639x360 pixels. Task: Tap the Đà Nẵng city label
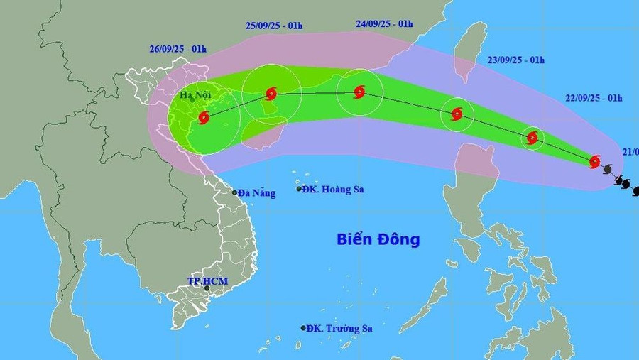(256, 192)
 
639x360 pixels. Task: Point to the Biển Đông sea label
(378, 239)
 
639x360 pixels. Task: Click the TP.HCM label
(207, 281)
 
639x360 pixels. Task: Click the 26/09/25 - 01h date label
(178, 49)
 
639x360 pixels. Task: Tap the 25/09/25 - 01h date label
(274, 26)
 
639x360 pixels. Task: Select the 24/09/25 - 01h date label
(384, 23)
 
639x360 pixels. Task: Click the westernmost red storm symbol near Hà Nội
(204, 117)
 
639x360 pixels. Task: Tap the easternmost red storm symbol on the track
(594, 161)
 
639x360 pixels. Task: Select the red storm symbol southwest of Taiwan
(457, 113)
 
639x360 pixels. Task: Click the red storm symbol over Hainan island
(271, 93)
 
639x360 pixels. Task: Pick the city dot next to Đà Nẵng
(235, 192)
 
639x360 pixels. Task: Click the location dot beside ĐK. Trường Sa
(303, 328)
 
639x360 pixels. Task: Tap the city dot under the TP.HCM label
(207, 288)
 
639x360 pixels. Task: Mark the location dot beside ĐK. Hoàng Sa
(300, 189)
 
